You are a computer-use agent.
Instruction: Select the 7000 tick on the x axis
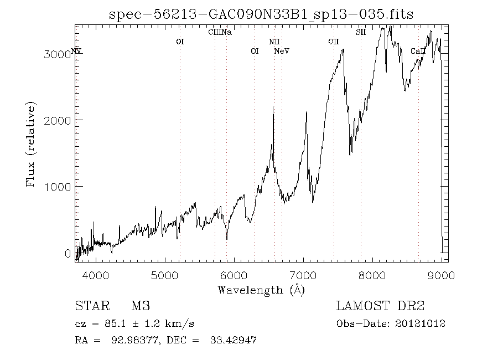point(303,275)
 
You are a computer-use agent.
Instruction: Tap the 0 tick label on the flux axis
point(68,254)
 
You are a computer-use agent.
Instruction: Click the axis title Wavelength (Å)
point(261,290)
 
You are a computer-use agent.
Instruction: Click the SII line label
point(361,32)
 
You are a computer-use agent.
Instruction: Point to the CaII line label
point(418,52)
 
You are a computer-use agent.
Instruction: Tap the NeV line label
point(282,52)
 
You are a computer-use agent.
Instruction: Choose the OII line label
point(333,42)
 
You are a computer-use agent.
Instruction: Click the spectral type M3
point(140,306)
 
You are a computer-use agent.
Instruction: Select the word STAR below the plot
point(90,306)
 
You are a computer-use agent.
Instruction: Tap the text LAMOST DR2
point(380,306)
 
